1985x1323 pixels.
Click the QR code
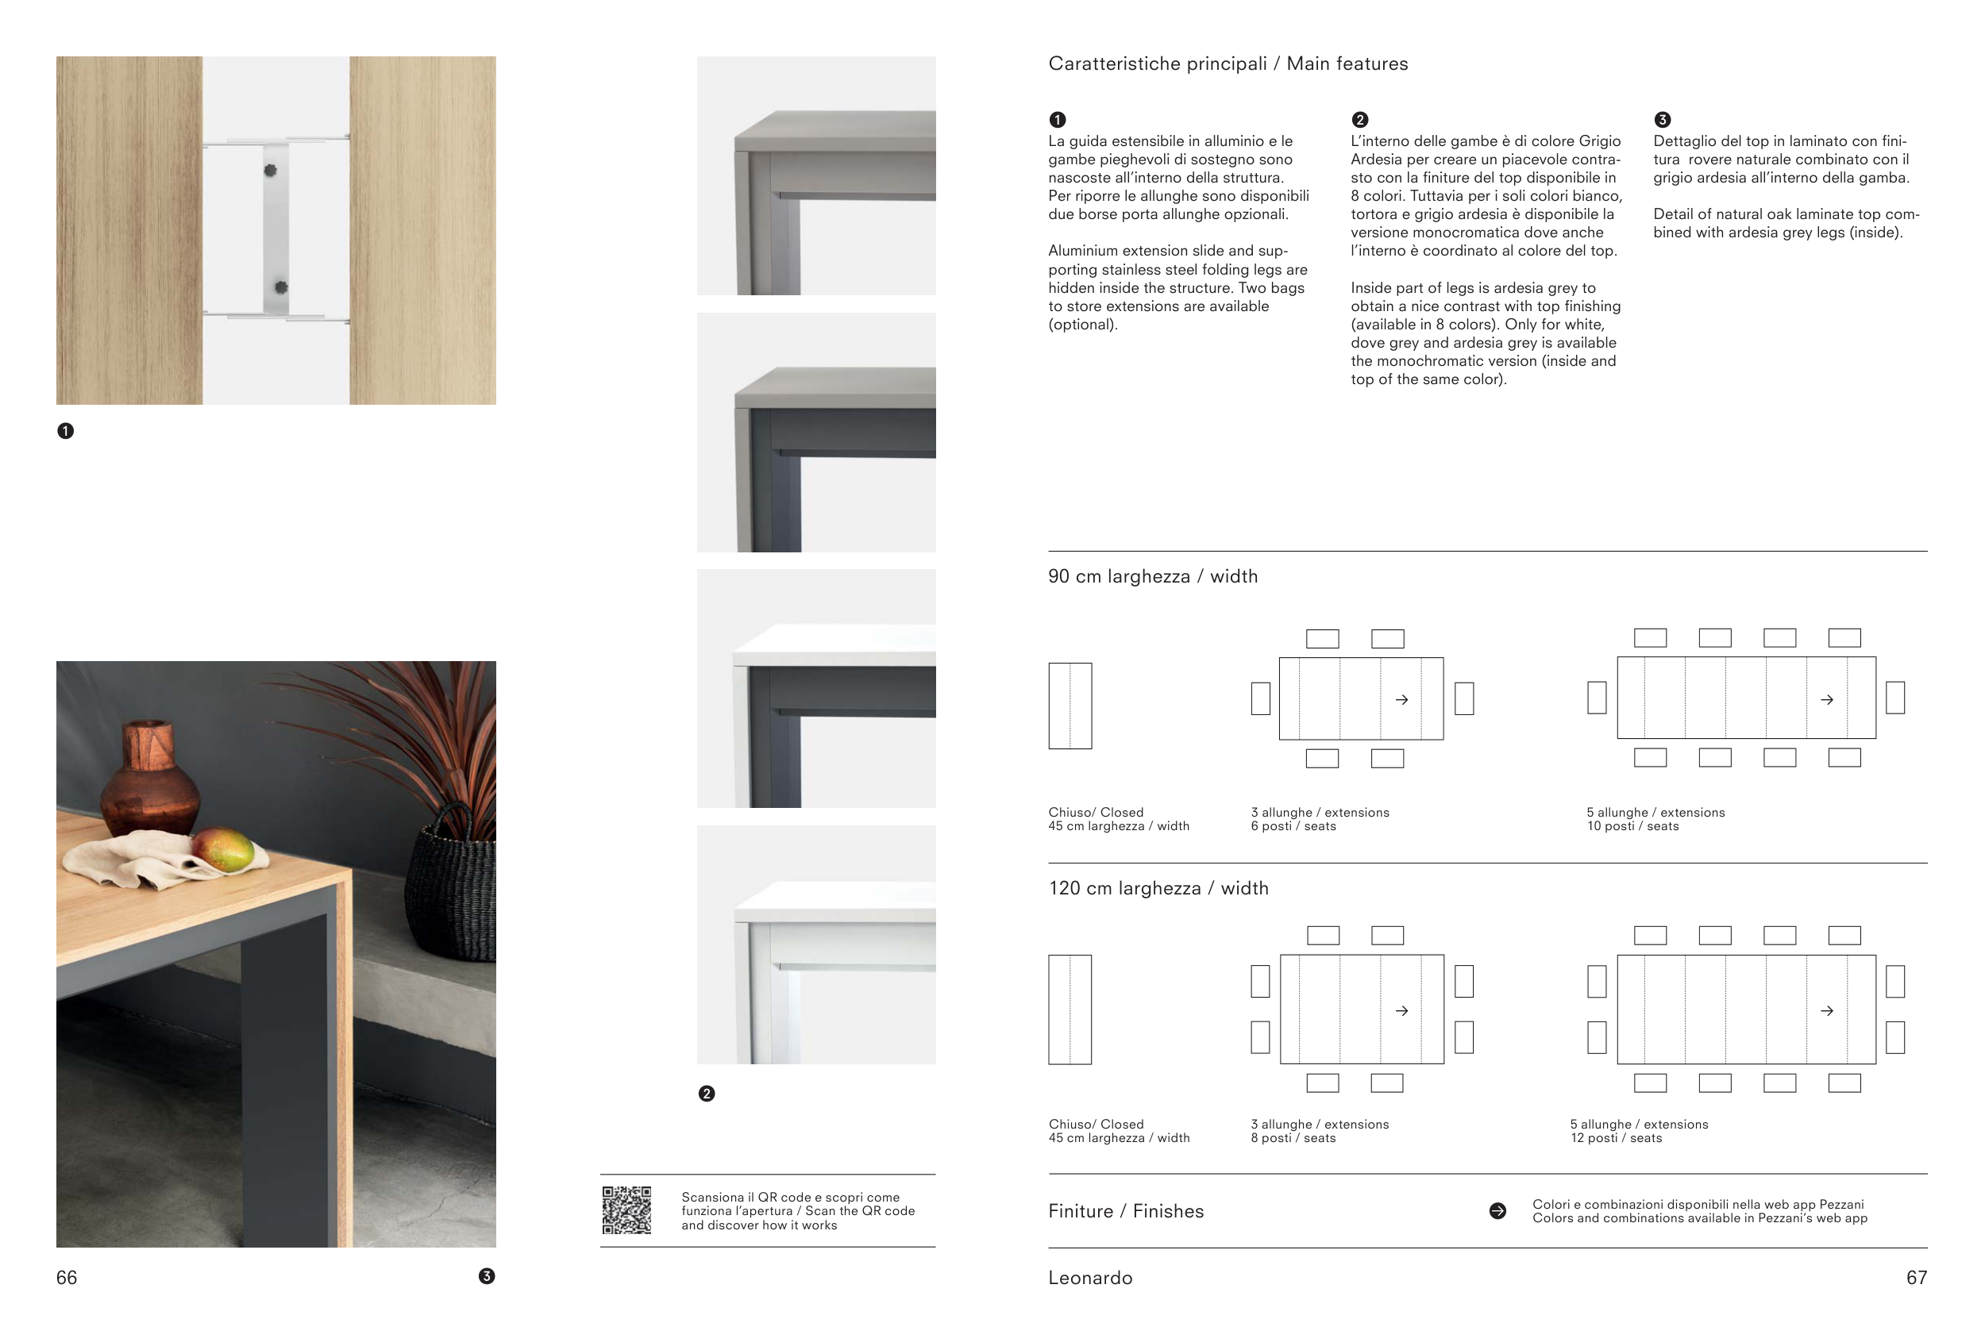[626, 1210]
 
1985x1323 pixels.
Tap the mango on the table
[224, 850]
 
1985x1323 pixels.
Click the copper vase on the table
[150, 776]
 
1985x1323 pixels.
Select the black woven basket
[451, 886]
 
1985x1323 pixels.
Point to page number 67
[1916, 1278]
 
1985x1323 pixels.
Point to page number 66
[67, 1278]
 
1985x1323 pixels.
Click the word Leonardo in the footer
[1089, 1278]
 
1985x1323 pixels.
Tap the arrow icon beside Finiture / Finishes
[1497, 1211]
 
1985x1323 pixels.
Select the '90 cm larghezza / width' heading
[1152, 576]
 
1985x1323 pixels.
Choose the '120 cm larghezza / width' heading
[1158, 888]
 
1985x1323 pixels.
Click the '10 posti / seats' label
[1632, 826]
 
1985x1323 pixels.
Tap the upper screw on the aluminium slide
[270, 171]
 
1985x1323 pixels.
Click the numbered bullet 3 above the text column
[1662, 120]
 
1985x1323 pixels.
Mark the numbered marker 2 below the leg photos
[707, 1094]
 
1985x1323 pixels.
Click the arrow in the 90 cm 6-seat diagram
[1401, 699]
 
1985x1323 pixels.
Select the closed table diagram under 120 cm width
[1070, 1010]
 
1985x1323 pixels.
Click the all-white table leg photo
[815, 944]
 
